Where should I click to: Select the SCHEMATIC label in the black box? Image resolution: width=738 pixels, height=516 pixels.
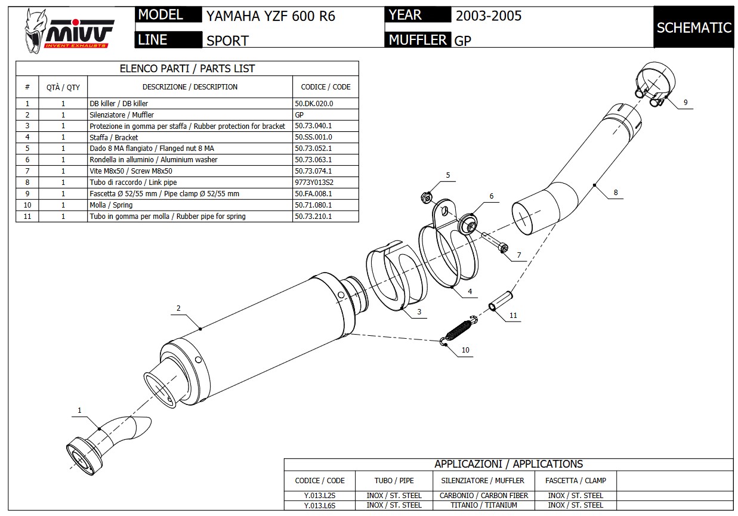[x=693, y=27]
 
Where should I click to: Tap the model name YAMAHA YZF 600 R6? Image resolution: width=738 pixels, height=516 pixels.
[x=270, y=16]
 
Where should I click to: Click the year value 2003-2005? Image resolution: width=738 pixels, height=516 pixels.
[x=488, y=16]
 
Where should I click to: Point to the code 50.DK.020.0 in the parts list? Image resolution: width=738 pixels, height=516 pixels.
[x=314, y=103]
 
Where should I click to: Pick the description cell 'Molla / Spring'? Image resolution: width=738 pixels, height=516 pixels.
[x=111, y=205]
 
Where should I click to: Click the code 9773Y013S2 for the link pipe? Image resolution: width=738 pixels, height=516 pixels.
[x=314, y=182]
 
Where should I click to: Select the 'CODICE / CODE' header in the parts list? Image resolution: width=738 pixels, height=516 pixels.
[x=325, y=86]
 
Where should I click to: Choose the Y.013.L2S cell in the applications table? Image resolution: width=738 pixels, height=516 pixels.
[x=319, y=495]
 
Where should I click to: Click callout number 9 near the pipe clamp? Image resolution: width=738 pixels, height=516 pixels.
[x=685, y=103]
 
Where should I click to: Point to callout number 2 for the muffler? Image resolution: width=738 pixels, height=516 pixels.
[x=178, y=308]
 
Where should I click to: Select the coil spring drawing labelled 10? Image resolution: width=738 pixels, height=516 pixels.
[x=459, y=330]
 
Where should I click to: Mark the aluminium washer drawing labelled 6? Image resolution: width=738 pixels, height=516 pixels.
[x=467, y=223]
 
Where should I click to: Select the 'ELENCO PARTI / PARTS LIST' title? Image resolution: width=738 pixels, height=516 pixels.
[x=187, y=69]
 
